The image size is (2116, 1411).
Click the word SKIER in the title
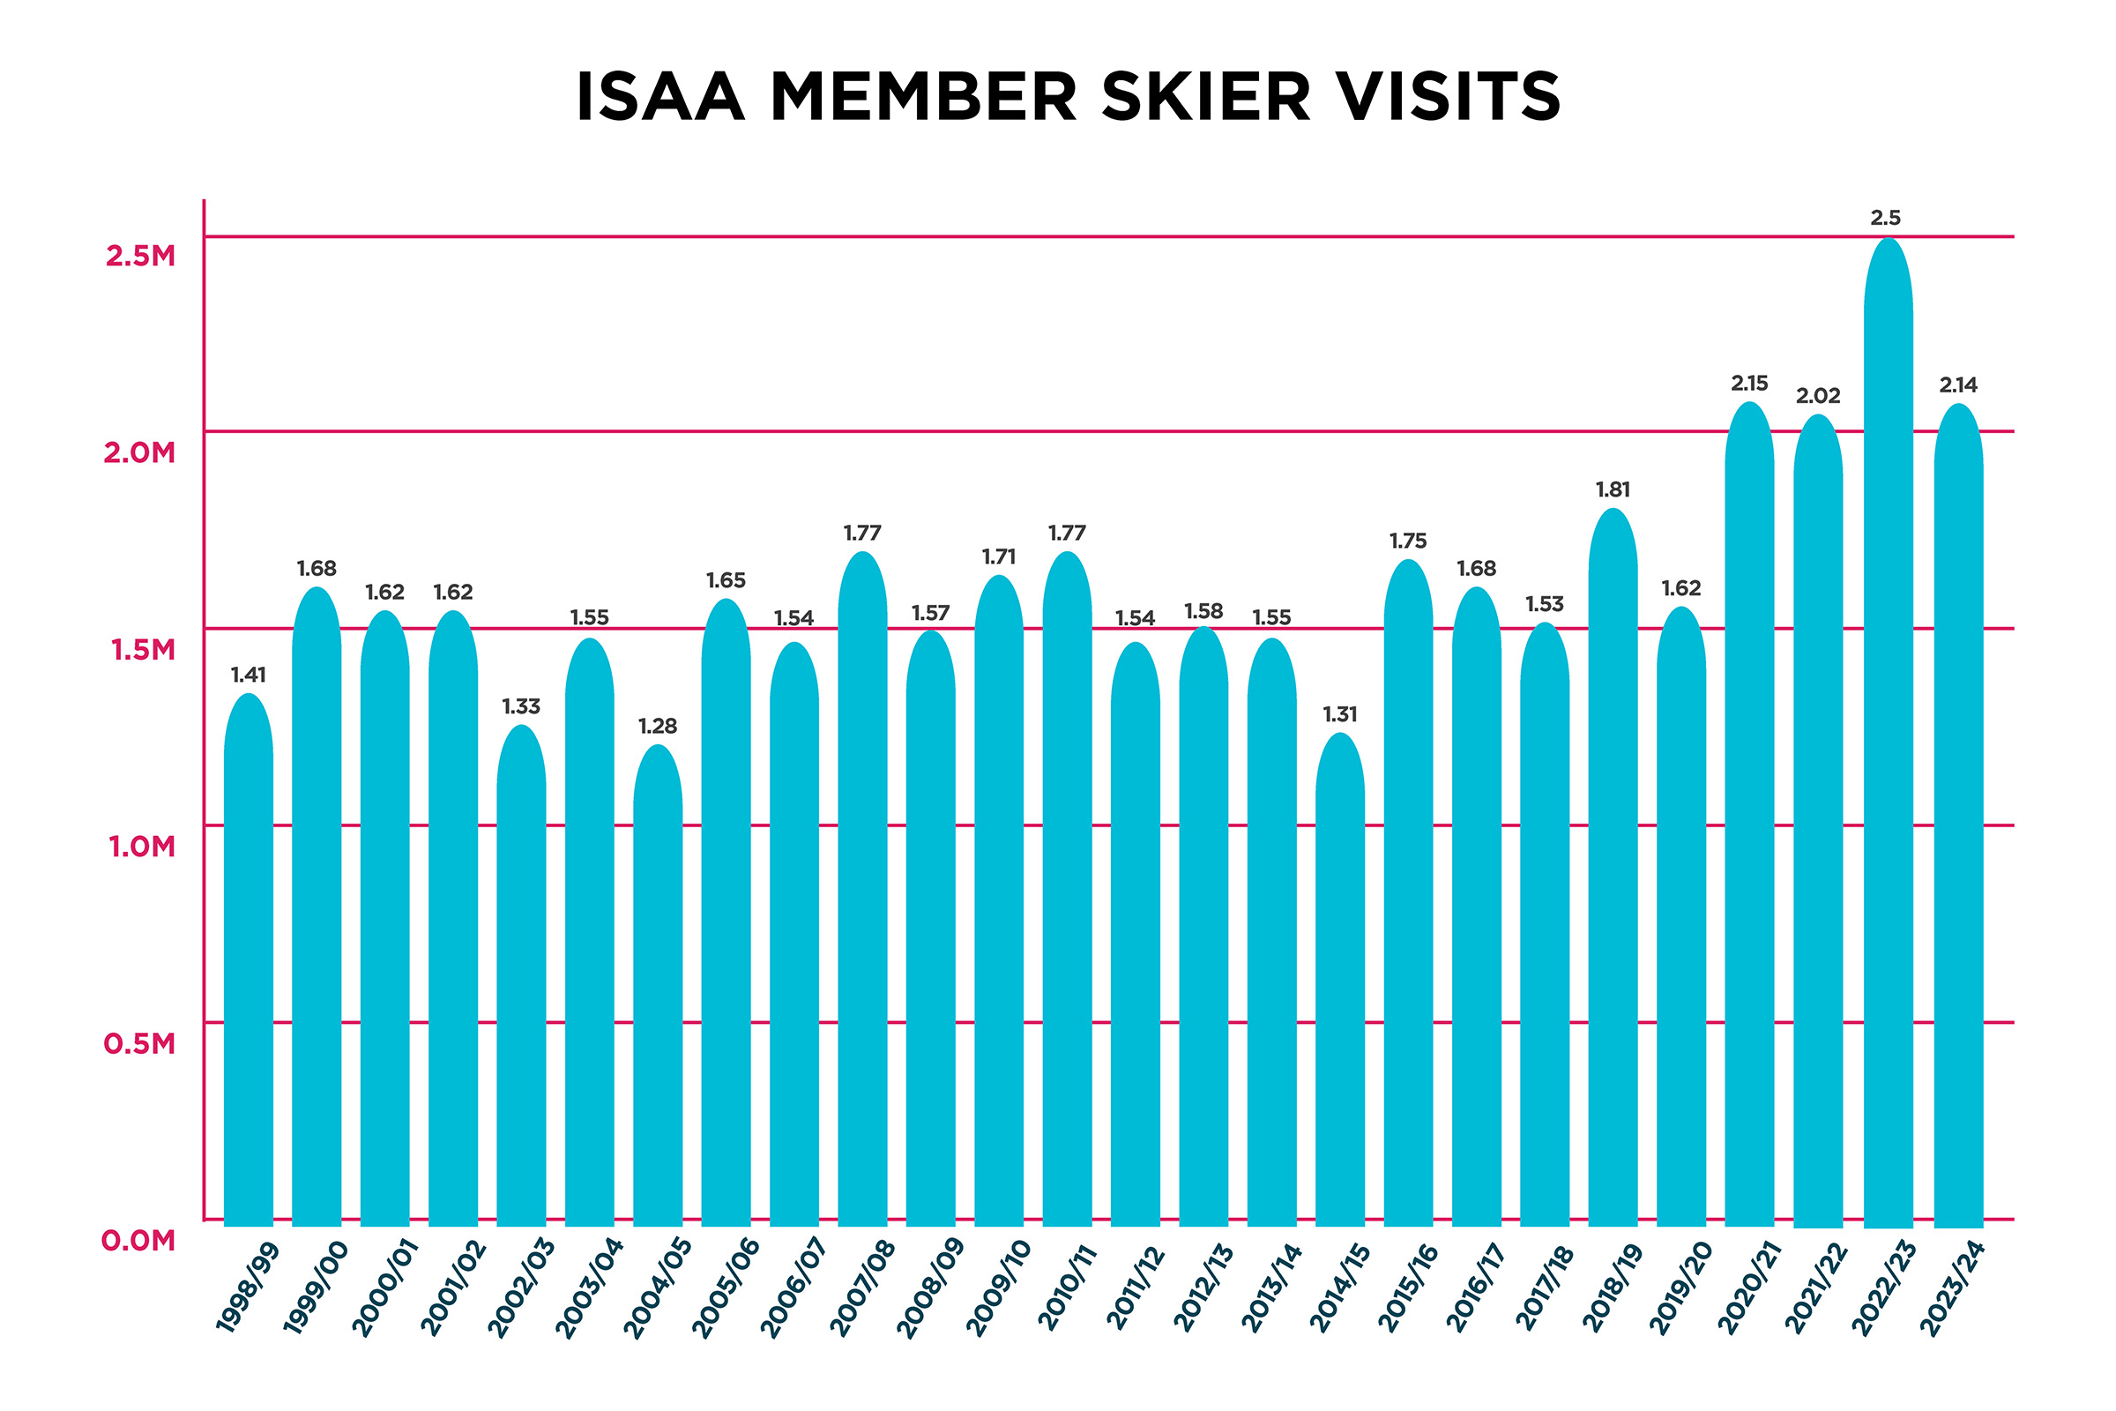click(x=1205, y=96)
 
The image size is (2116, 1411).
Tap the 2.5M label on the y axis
click(x=140, y=257)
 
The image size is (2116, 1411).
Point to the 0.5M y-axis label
click(x=139, y=1044)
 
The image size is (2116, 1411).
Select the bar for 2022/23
click(x=1888, y=738)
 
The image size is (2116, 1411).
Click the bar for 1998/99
click(x=249, y=963)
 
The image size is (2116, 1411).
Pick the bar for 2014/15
click(x=1339, y=981)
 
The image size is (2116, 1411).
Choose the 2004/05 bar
click(x=658, y=989)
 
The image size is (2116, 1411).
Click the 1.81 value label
click(x=1613, y=490)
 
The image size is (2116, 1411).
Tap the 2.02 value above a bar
click(x=1817, y=396)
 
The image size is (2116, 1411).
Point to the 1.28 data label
click(x=658, y=726)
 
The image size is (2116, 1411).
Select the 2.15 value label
click(x=1749, y=384)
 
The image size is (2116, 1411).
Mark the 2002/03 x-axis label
click(x=522, y=1287)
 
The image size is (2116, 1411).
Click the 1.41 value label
click(x=249, y=675)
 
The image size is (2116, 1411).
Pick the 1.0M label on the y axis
click(x=141, y=847)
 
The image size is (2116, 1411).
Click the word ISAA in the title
click(x=660, y=96)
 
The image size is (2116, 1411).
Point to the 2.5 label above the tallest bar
click(x=1886, y=218)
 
